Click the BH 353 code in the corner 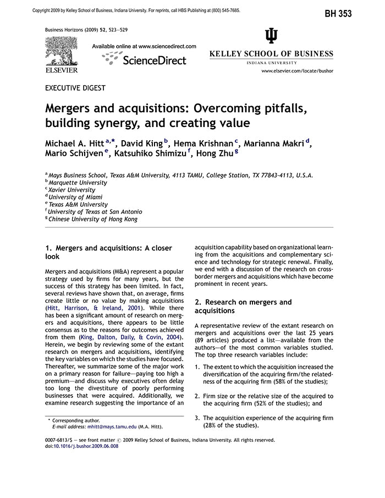coord(353,13)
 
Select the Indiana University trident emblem coord(272,36)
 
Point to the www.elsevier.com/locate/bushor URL coord(297,71)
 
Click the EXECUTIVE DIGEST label coord(75,87)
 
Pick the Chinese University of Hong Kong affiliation coord(93,219)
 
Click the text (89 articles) coord(213,340)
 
